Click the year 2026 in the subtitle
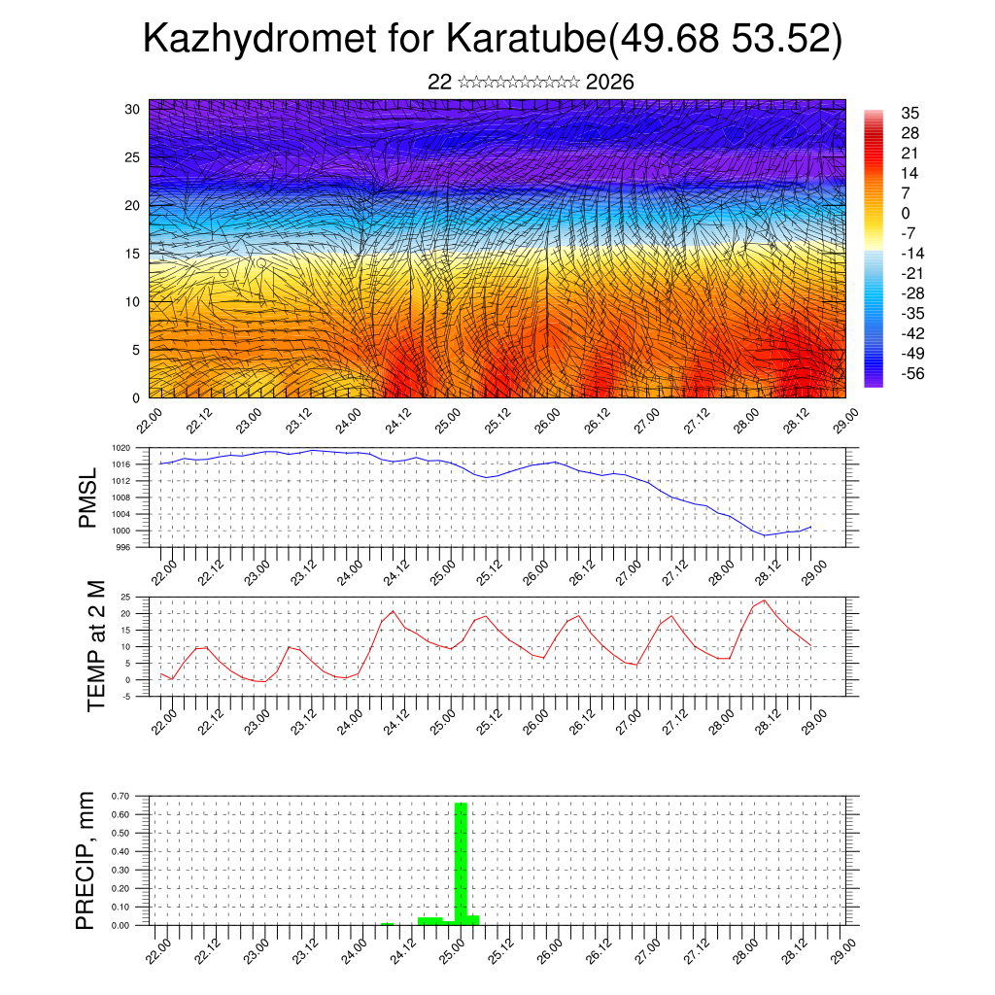click(x=610, y=83)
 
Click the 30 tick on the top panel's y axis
click(x=131, y=109)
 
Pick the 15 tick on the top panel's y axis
click(x=131, y=254)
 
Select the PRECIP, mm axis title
click(x=86, y=860)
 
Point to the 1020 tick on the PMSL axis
click(x=120, y=449)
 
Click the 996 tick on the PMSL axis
click(x=122, y=548)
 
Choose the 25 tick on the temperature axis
click(x=125, y=598)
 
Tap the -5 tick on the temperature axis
click(x=125, y=697)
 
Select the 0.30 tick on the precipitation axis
click(x=120, y=871)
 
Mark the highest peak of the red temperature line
click(x=765, y=600)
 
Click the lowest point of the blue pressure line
click(x=765, y=535)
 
